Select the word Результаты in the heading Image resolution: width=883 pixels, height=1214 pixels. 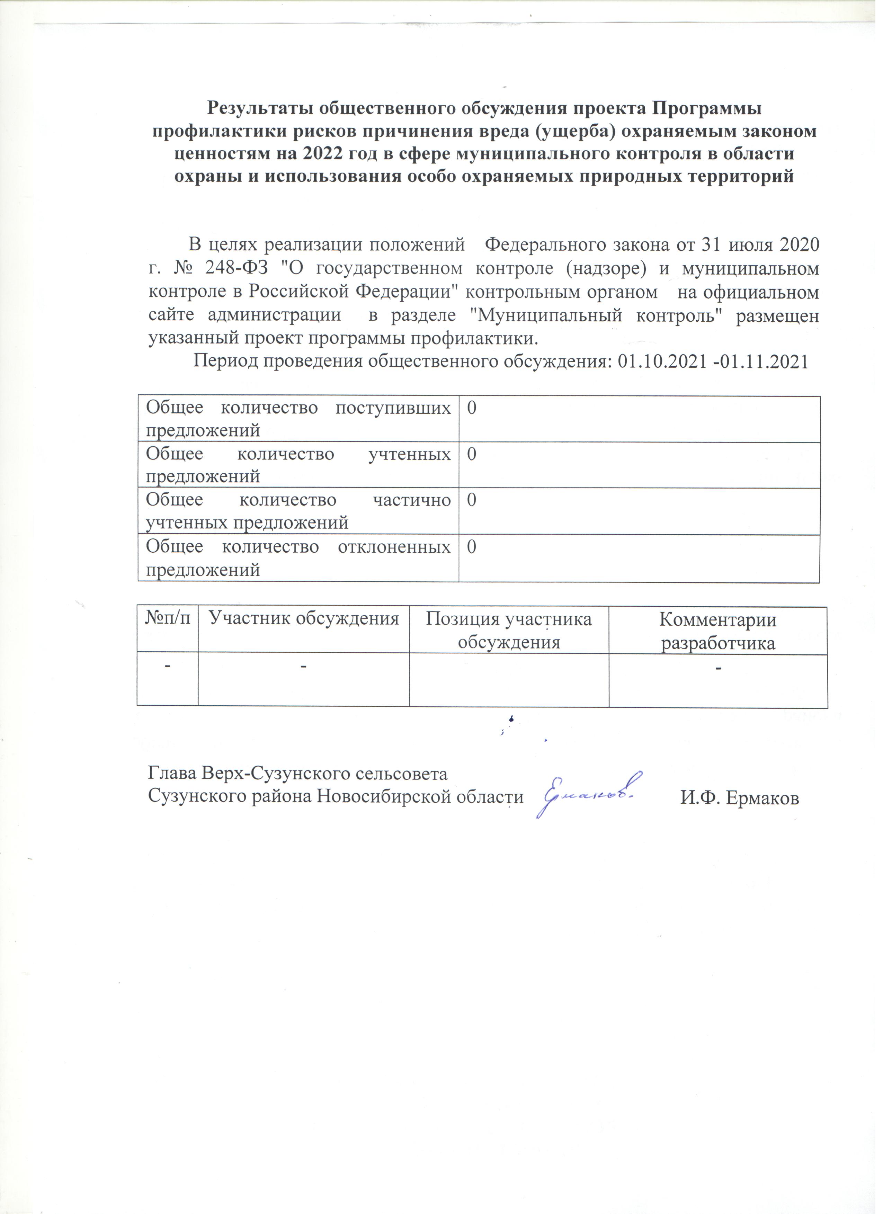click(x=261, y=109)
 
